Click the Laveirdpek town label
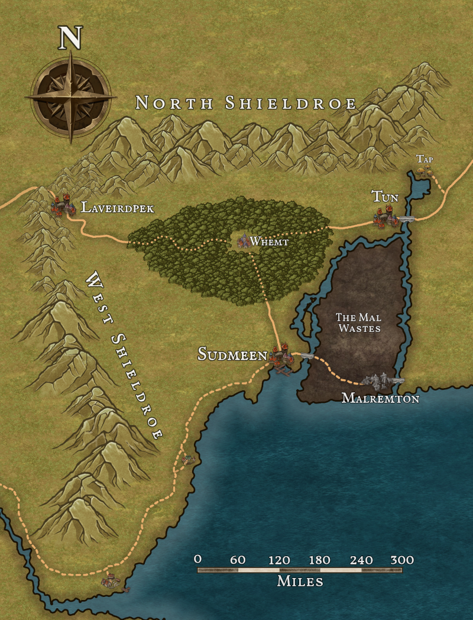point(118,208)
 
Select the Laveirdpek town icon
point(62,204)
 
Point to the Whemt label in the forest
point(269,241)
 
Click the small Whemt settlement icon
point(243,240)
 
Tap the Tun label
point(385,196)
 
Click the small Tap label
point(425,159)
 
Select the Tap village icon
point(424,172)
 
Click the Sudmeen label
point(232,354)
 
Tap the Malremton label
point(380,399)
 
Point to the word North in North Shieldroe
point(174,103)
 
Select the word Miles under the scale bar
point(300,582)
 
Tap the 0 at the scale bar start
point(198,560)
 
